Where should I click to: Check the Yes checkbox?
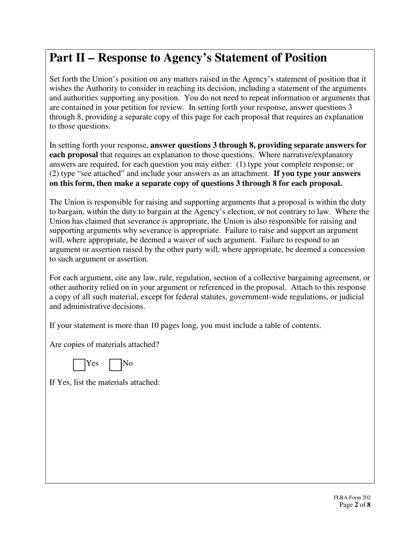pyautogui.click(x=79, y=365)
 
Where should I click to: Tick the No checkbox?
pyautogui.click(x=115, y=365)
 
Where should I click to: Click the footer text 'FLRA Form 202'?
pyautogui.click(x=352, y=498)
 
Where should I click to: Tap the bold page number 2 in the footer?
pyautogui.click(x=356, y=505)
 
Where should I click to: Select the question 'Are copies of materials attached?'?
pyautogui.click(x=104, y=344)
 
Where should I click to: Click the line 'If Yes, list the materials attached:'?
pyautogui.click(x=104, y=382)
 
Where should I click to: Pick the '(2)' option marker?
pyautogui.click(x=55, y=173)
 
